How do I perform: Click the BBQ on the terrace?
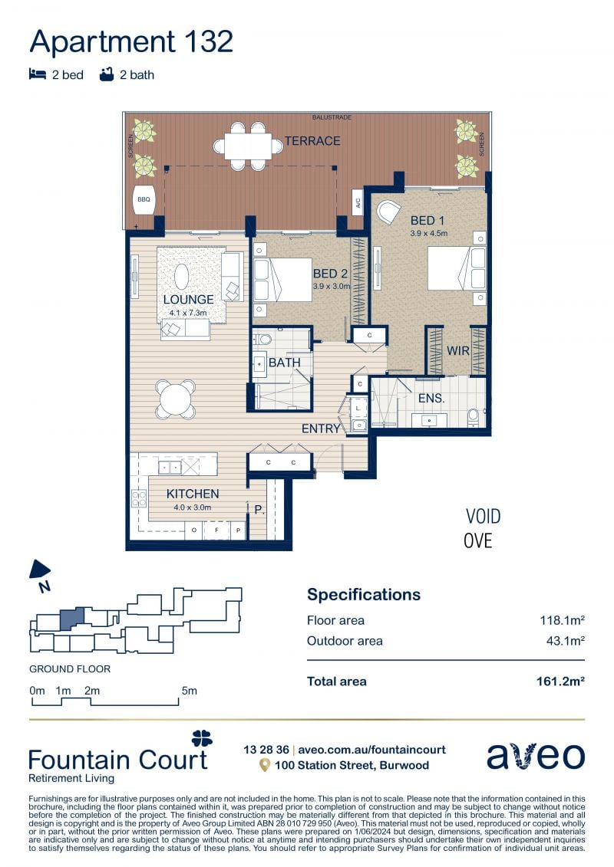[x=144, y=199]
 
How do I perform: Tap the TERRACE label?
[x=312, y=141]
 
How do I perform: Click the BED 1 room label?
[x=427, y=220]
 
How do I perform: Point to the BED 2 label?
[x=330, y=274]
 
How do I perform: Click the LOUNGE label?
[x=188, y=300]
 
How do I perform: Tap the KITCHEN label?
[x=193, y=494]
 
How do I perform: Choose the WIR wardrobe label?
[x=458, y=350]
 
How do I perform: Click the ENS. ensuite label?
[x=431, y=398]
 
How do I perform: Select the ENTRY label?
[x=321, y=429]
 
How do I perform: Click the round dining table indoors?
[x=175, y=398]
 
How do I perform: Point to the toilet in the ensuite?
[x=474, y=417]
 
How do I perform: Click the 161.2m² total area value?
[x=561, y=681]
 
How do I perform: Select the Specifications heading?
[x=364, y=594]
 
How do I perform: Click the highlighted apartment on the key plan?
[x=71, y=619]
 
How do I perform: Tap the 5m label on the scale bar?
[x=189, y=691]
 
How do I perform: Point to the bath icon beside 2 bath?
[x=107, y=74]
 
